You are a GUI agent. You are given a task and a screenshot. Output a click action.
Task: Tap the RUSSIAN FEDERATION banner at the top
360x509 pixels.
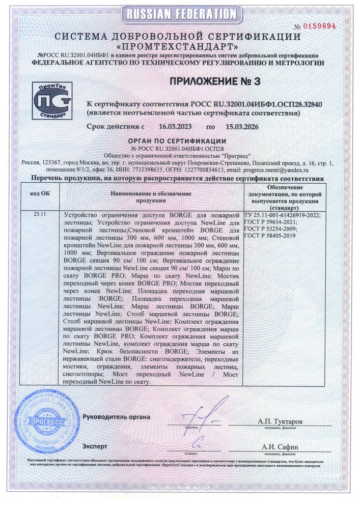pos(180,13)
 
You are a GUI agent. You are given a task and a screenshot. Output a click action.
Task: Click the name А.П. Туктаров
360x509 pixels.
pos(280,422)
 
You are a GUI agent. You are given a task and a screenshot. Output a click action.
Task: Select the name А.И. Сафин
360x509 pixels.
pos(280,447)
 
